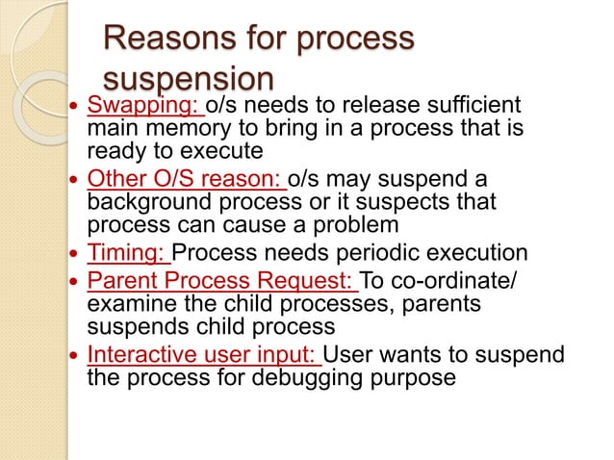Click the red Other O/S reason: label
[x=186, y=179]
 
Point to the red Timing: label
[x=128, y=254]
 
